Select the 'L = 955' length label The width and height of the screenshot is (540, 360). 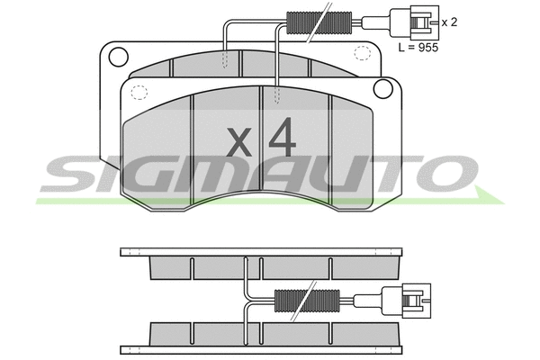point(418,48)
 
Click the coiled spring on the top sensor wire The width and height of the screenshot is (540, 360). point(306,20)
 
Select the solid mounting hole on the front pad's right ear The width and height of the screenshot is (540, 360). point(381,87)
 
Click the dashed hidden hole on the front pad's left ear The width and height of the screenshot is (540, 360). point(139,90)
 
